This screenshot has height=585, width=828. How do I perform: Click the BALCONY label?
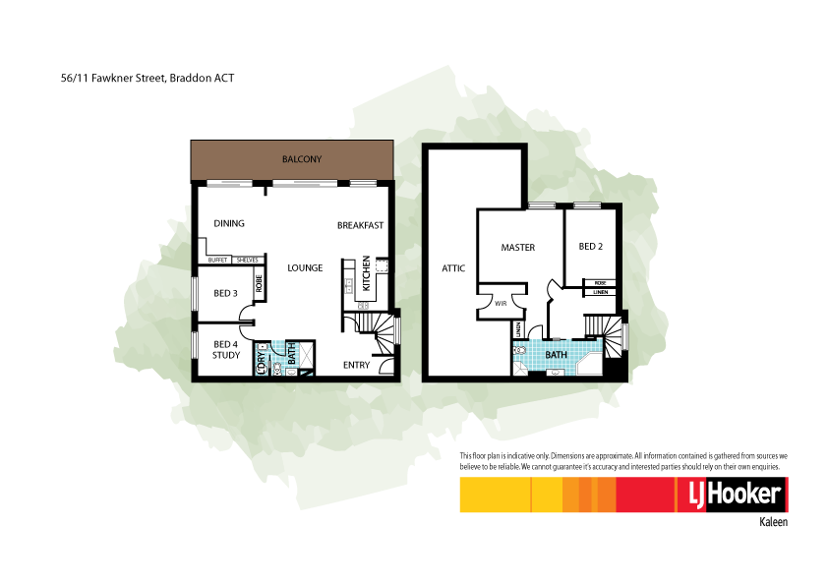click(302, 159)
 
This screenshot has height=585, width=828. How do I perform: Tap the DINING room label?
click(229, 224)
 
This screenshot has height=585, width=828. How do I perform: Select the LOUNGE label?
click(305, 267)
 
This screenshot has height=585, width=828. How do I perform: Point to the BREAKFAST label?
click(360, 225)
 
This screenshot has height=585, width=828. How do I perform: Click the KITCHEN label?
click(366, 273)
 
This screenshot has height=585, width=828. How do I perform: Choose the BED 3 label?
click(225, 293)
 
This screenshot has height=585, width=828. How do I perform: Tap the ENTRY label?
click(356, 365)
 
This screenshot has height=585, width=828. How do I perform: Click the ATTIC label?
click(452, 267)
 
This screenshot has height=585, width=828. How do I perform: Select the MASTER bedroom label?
click(517, 247)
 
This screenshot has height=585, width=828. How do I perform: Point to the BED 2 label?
click(590, 247)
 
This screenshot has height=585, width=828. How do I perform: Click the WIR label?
click(500, 304)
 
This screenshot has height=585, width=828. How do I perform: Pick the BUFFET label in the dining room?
click(218, 260)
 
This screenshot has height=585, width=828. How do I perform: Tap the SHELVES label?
click(246, 260)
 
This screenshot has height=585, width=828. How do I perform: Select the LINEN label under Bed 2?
click(600, 292)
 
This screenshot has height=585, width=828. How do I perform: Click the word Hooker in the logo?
click(743, 495)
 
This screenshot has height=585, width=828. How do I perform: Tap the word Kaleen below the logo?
click(773, 523)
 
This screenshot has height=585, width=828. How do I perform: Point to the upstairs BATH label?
click(557, 354)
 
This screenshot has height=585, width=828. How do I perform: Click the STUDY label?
click(226, 355)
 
